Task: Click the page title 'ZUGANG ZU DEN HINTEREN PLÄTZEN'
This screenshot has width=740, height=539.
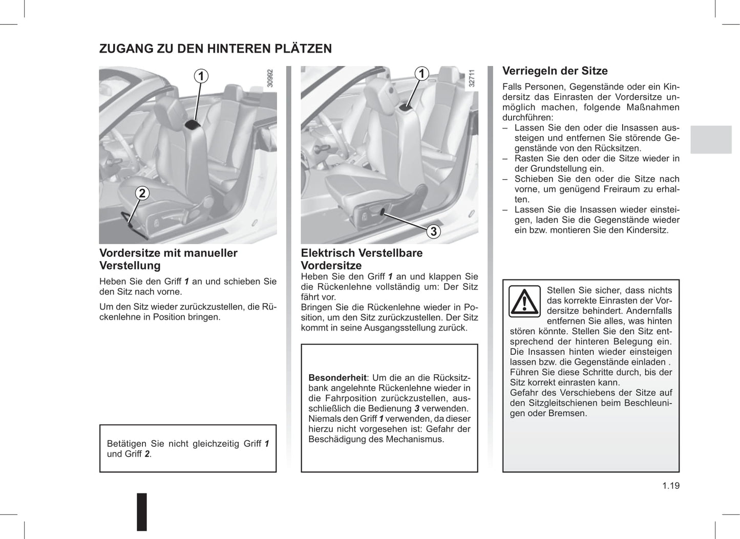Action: [215, 49]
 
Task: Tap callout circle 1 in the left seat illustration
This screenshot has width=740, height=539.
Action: [201, 76]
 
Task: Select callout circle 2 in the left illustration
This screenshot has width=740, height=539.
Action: [142, 193]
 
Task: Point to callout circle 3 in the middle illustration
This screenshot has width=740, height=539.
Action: [433, 231]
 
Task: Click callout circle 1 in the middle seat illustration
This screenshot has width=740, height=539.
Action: [421, 74]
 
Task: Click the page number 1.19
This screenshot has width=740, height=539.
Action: [670, 486]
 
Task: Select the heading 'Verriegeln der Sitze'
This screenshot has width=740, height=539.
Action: [555, 71]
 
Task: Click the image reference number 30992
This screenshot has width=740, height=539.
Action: [270, 78]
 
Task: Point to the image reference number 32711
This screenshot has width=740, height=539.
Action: [472, 78]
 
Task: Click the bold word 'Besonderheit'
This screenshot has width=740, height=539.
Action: [337, 378]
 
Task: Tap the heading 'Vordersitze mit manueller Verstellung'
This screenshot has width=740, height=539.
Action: [168, 259]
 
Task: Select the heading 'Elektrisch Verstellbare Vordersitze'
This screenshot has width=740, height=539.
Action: [362, 259]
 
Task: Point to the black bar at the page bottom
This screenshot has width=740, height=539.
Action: [142, 511]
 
